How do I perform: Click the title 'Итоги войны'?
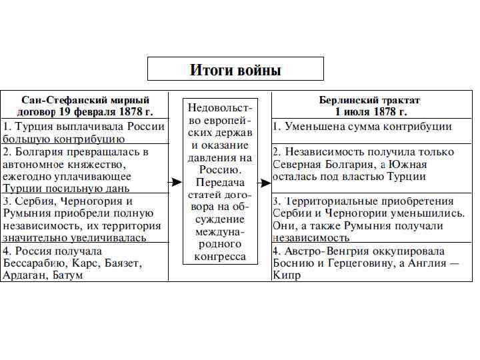pos(235,70)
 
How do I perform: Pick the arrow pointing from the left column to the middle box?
pos(175,182)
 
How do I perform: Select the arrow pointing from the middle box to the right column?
pos(264,182)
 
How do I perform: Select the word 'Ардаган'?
pos(24,275)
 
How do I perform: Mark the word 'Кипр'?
pos(286,275)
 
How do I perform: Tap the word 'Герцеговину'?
pos(345,263)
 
